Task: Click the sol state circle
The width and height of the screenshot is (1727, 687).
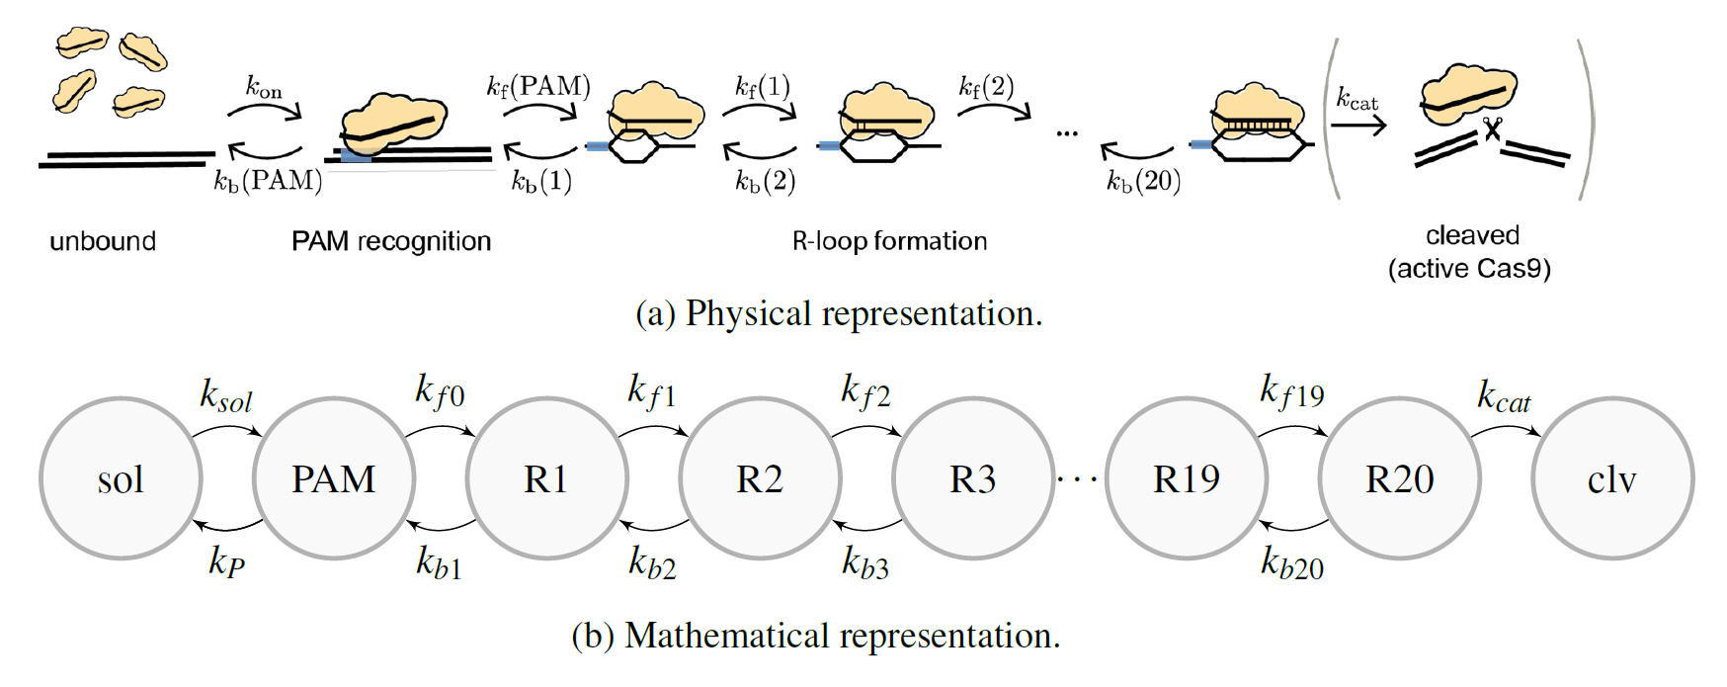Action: click(x=121, y=478)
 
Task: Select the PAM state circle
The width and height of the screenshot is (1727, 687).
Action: click(x=334, y=478)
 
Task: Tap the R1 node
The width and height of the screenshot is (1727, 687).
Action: click(x=546, y=478)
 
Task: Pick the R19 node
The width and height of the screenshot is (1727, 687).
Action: click(x=1187, y=478)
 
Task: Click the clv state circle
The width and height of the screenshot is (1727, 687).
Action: click(x=1612, y=478)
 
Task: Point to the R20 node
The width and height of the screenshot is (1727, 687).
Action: click(x=1400, y=478)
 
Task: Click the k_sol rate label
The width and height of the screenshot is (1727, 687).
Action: click(x=226, y=395)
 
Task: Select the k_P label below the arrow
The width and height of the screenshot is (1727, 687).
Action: click(x=226, y=561)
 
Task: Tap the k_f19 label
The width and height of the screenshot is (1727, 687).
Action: click(x=1291, y=392)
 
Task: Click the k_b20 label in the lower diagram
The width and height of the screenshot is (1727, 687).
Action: click(x=1291, y=563)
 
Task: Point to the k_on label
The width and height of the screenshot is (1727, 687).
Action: click(x=264, y=87)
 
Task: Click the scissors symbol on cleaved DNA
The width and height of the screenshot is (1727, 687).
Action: click(x=1492, y=129)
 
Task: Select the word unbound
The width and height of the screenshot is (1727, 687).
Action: click(x=103, y=241)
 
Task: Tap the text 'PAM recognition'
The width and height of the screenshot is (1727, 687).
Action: click(x=391, y=241)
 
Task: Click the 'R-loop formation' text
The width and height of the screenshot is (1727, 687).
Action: click(x=889, y=241)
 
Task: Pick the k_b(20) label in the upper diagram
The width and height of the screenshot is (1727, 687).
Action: click(x=1143, y=181)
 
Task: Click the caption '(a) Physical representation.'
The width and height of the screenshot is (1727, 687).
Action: click(x=839, y=313)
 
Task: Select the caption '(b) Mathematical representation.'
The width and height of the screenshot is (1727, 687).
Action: click(x=816, y=636)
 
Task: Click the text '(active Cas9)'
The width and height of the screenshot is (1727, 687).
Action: click(x=1469, y=269)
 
